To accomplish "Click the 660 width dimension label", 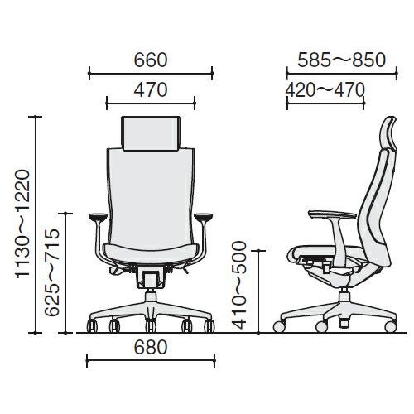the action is coord(151,60).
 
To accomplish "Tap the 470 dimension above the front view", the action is coord(151,90).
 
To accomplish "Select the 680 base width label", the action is coord(151,347).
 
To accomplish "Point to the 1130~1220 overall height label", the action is coord(22,224).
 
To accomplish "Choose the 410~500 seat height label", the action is coord(238,286).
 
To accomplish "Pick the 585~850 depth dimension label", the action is coord(341,60).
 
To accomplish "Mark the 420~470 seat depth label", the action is coord(325,90).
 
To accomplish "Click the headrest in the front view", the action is coord(151,133).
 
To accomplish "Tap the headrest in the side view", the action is coord(388,134).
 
